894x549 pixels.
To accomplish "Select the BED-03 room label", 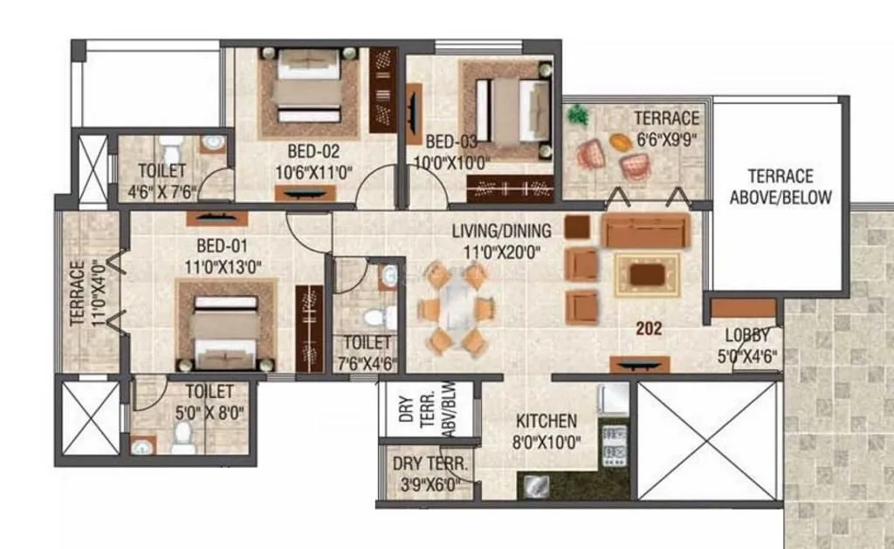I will pyautogui.click(x=452, y=141).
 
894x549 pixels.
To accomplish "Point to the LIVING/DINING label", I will pyautogui.click(x=501, y=231).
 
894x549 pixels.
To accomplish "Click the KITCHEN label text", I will pyautogui.click(x=546, y=422).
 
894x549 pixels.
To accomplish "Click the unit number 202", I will pyautogui.click(x=650, y=329).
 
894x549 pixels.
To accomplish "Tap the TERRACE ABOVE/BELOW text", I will pyautogui.click(x=781, y=187).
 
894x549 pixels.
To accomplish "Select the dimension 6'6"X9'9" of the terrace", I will pyautogui.click(x=668, y=138).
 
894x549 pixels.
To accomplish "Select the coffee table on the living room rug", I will pyautogui.click(x=646, y=275).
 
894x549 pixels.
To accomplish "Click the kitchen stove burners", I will pyautogui.click(x=615, y=443).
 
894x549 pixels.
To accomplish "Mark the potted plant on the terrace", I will pyautogui.click(x=578, y=115).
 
